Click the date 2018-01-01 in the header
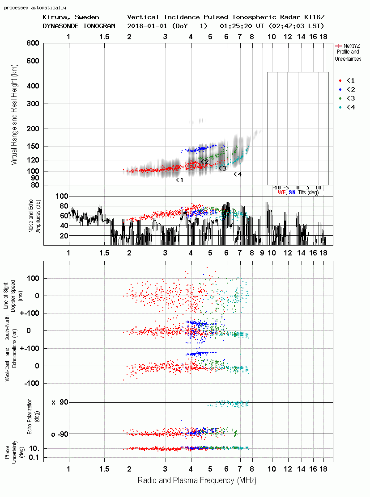pos(147,26)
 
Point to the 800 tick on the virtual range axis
pos(33,43)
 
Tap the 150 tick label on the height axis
pos(33,146)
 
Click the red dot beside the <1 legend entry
pos(340,80)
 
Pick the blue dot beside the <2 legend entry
pos(340,89)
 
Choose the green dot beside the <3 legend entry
pos(340,98)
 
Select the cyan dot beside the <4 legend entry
pos(340,107)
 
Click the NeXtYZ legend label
pos(352,46)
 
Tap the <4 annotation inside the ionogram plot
pos(238,174)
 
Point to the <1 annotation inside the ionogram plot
pos(180,180)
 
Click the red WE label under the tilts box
pos(282,192)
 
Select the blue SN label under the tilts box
pos(292,192)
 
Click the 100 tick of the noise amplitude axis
pos(62,196)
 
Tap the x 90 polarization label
pos(60,402)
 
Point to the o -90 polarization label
pos(60,434)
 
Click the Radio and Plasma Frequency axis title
pos(197,480)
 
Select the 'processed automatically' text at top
pos(35,8)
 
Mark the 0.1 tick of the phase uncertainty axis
pos(34,457)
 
